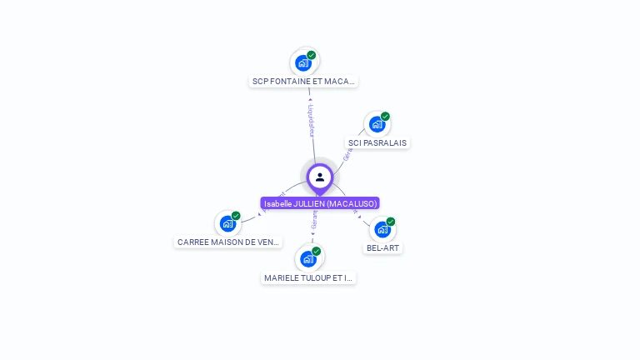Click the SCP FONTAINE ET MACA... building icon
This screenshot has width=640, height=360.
[x=304, y=62]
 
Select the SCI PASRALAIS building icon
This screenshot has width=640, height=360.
[x=377, y=125]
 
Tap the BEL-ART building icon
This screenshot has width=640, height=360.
[x=382, y=229]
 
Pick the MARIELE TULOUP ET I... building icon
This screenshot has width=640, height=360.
[x=309, y=258]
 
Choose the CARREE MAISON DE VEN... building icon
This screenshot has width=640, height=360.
[x=228, y=223]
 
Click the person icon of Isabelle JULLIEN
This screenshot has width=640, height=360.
[x=320, y=177]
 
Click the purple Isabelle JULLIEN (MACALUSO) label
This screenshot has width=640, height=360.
[x=320, y=203]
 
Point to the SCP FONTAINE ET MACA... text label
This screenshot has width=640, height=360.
[x=304, y=82]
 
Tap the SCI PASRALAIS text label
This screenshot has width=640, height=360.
[x=377, y=142]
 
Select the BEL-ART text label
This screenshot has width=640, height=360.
[x=383, y=247]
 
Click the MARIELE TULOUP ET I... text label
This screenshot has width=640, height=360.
[x=309, y=277]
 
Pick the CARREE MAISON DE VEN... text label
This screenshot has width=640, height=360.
[x=228, y=242]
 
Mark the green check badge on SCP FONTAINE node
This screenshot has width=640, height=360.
[x=312, y=55]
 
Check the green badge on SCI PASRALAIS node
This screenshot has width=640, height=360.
[x=385, y=117]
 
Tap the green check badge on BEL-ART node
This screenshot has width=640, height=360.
[x=390, y=222]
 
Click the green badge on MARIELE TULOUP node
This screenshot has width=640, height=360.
[x=317, y=251]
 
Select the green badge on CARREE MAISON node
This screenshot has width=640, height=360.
[x=236, y=216]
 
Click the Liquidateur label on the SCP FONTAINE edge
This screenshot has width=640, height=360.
[x=310, y=120]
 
